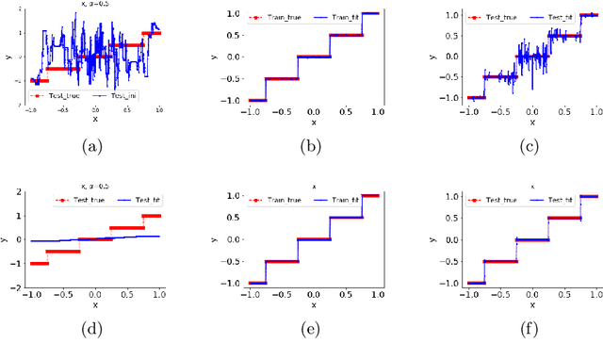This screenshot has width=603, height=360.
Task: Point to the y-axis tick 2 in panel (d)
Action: pos(18,192)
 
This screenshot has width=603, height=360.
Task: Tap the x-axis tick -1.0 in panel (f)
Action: pos(468,294)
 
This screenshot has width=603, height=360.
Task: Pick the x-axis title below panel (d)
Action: pos(94,304)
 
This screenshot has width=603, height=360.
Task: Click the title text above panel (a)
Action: pos(90,4)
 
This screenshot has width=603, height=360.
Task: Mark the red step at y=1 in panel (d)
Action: pos(151,216)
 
